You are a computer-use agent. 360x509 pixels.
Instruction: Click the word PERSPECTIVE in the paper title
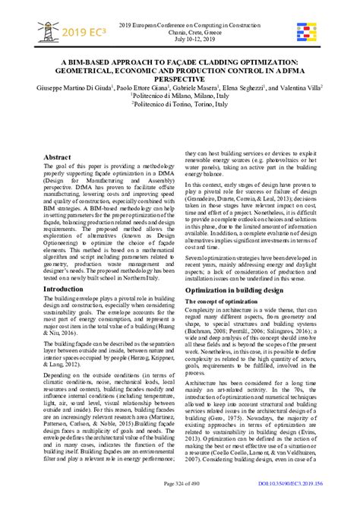(x=180, y=77)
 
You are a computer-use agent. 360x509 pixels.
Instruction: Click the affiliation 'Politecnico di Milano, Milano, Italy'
(x=180, y=97)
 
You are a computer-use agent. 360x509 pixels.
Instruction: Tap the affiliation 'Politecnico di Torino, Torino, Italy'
(x=180, y=107)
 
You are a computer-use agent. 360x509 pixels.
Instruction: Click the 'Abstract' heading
(x=57, y=156)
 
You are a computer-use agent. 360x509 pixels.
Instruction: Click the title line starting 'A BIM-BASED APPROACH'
(x=180, y=56)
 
